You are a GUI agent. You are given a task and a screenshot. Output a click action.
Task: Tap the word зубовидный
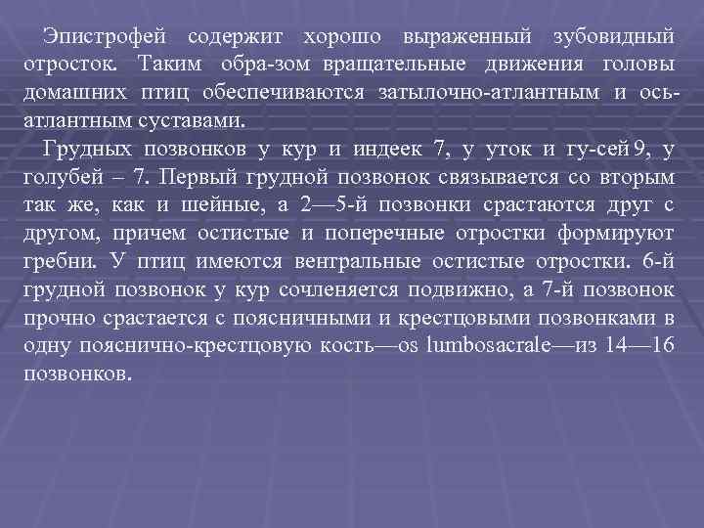coord(613,36)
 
